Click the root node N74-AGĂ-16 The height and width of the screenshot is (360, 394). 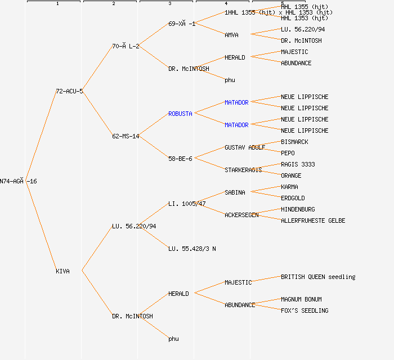tap(19, 181)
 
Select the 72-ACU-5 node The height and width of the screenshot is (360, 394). tap(69, 91)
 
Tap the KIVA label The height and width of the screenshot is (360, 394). tap(62, 271)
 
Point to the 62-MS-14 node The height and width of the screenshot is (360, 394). tap(126, 136)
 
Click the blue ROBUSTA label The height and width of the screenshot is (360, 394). tap(180, 114)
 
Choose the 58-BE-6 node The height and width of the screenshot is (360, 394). tap(180, 159)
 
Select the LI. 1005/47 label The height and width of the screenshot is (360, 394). tap(187, 204)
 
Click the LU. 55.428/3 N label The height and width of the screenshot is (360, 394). tap(192, 249)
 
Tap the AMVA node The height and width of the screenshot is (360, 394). tap(231, 35)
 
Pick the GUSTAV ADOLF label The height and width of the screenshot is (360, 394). tap(245, 147)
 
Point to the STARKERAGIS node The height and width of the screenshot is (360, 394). tap(243, 170)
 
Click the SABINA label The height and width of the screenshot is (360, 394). tap(235, 192)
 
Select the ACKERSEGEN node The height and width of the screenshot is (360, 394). tap(241, 215)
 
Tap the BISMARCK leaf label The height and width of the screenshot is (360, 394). tap(294, 142)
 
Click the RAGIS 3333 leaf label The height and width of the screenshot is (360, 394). tap(298, 164)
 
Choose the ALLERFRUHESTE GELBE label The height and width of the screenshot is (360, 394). tap(313, 220)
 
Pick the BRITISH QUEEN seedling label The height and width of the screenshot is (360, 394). tap(318, 277)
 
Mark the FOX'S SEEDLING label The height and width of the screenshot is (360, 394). tap(305, 310)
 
